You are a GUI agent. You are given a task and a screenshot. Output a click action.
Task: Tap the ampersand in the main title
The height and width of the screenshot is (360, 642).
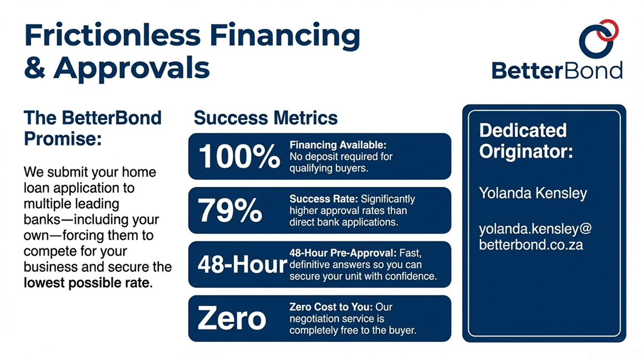(x=35, y=68)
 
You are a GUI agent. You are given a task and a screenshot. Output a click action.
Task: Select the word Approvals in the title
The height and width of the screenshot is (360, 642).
(x=132, y=68)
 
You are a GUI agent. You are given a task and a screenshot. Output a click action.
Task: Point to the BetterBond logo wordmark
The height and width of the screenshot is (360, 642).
(x=556, y=71)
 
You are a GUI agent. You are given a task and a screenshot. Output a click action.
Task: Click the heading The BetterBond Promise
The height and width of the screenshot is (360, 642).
(x=92, y=127)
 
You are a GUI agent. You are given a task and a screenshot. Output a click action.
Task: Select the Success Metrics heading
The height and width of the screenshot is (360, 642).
(x=265, y=118)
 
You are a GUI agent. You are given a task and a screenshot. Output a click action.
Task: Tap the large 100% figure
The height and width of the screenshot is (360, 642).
(x=239, y=157)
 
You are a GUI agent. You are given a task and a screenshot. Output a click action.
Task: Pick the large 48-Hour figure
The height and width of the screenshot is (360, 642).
(x=242, y=265)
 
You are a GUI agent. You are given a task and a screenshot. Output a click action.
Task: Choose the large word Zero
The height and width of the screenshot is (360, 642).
(x=232, y=319)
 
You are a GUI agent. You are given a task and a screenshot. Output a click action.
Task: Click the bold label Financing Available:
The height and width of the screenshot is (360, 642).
(x=338, y=145)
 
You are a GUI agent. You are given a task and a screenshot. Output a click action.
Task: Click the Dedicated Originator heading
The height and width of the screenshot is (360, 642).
(x=525, y=141)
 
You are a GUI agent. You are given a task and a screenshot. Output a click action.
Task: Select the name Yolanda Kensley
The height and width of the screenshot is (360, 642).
(x=533, y=193)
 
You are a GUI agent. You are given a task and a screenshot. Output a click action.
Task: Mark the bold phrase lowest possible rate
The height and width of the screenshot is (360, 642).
(x=87, y=283)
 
